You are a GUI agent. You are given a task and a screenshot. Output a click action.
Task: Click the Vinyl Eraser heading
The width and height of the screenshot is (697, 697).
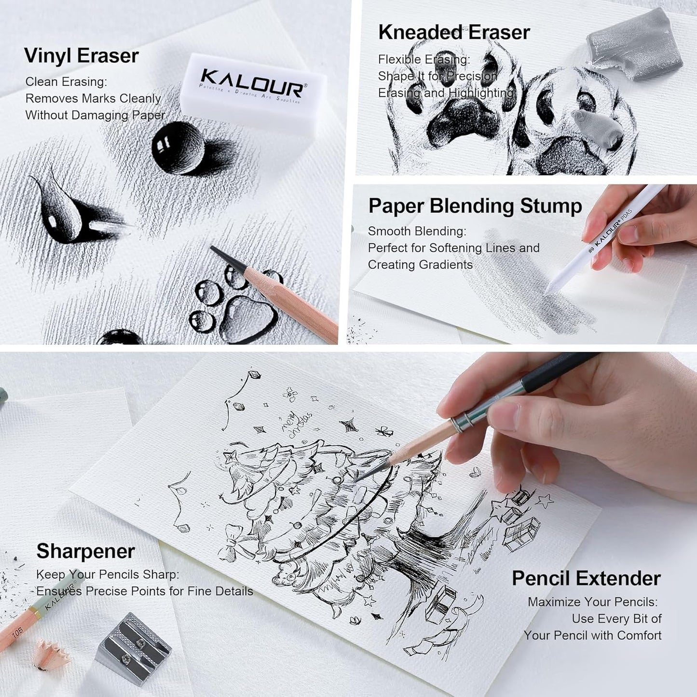point(81,56)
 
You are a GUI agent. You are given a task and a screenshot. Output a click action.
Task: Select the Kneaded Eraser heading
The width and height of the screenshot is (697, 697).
point(453,32)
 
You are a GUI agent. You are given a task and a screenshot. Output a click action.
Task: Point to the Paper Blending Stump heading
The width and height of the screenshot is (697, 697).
point(475,206)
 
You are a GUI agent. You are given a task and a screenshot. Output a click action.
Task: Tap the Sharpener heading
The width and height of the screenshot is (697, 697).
point(85,551)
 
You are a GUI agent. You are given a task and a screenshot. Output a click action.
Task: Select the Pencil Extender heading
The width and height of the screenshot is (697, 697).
point(586,578)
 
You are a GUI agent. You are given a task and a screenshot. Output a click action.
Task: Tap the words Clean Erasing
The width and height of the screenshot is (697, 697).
point(66,82)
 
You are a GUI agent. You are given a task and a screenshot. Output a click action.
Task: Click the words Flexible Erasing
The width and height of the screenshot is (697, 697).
point(424,60)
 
